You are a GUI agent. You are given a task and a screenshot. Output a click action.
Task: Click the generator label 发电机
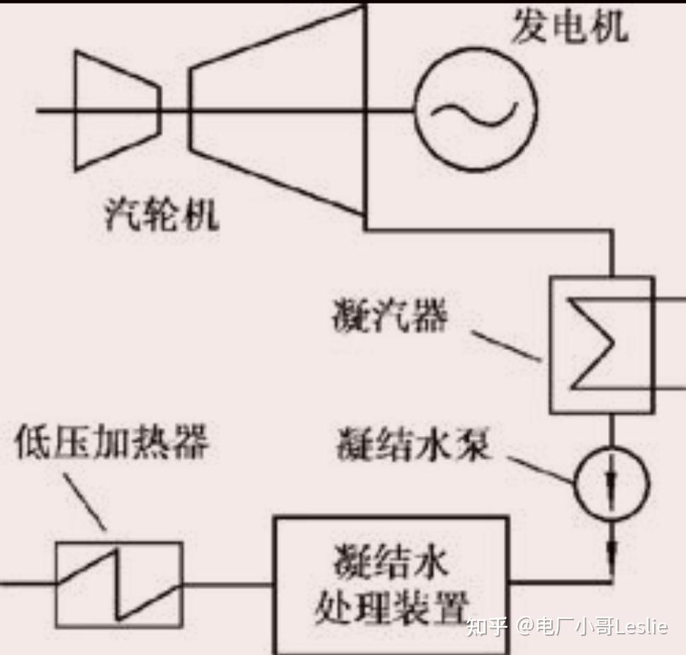pos(569,28)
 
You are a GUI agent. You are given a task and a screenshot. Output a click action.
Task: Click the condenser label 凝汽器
pos(390,317)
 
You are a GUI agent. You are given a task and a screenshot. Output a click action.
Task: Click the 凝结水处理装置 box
pos(391,585)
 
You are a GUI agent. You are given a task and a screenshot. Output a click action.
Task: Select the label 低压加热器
pos(112,443)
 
